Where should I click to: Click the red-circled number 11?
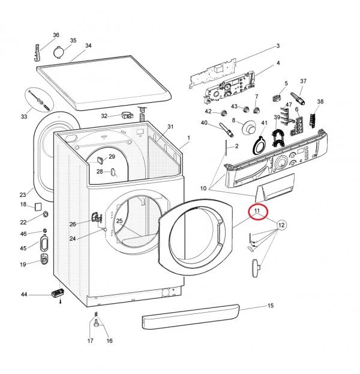257,211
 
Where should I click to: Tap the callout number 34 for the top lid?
88,46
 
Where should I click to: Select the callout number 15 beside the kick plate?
270,306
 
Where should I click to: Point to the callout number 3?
278,46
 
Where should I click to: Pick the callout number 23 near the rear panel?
22,195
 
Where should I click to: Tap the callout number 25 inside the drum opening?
119,222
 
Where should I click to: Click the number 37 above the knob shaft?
303,81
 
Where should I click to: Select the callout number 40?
203,123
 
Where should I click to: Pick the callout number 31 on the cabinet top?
170,127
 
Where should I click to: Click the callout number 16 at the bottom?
109,341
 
